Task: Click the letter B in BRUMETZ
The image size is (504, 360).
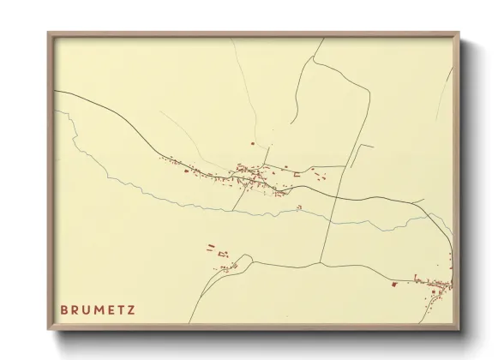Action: coord(64,309)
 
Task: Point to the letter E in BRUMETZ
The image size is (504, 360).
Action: coord(109,309)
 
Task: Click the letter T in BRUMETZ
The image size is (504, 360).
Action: coord(120,309)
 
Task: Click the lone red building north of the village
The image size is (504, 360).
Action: coord(252,143)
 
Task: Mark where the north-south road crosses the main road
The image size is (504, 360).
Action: coord(330,195)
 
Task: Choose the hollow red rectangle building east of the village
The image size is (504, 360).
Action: coord(297,175)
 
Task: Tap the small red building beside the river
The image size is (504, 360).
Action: coord(298,207)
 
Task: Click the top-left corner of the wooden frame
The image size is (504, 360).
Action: coord(49,34)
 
